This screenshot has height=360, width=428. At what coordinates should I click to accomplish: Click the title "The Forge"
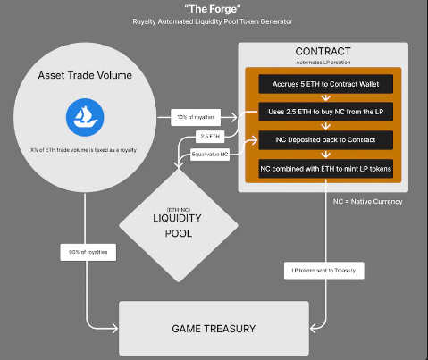click(213, 9)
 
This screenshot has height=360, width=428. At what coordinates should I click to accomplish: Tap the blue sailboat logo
click(85, 117)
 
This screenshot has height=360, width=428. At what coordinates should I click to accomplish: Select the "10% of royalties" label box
click(196, 117)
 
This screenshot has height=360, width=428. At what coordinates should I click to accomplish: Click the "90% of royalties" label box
click(88, 252)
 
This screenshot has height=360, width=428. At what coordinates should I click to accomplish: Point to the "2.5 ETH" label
click(210, 137)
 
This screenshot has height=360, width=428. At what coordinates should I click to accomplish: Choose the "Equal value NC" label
click(210, 155)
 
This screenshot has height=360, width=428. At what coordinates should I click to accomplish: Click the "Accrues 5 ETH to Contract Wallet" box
click(326, 84)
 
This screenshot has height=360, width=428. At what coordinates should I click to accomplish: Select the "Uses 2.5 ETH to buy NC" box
click(326, 112)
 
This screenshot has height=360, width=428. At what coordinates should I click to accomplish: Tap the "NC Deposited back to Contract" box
click(326, 140)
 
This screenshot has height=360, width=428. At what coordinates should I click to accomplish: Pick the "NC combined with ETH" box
click(326, 169)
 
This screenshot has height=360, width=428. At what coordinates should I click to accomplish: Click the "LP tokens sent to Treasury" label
click(324, 271)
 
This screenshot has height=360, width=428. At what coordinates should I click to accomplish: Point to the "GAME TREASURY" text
click(214, 329)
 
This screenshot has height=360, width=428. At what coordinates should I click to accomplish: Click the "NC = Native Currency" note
click(368, 202)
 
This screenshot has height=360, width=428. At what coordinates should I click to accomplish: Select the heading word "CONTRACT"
click(323, 51)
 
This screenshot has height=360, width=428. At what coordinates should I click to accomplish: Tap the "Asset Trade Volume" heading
click(85, 75)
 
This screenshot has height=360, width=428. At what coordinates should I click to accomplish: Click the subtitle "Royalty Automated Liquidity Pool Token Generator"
click(213, 21)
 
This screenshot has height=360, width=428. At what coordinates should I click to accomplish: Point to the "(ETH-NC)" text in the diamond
click(179, 210)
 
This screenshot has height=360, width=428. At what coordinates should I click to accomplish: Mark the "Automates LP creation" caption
click(323, 63)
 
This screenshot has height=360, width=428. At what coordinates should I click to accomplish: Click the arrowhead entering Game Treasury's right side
click(314, 329)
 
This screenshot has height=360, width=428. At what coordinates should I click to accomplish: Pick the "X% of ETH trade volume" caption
click(83, 150)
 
